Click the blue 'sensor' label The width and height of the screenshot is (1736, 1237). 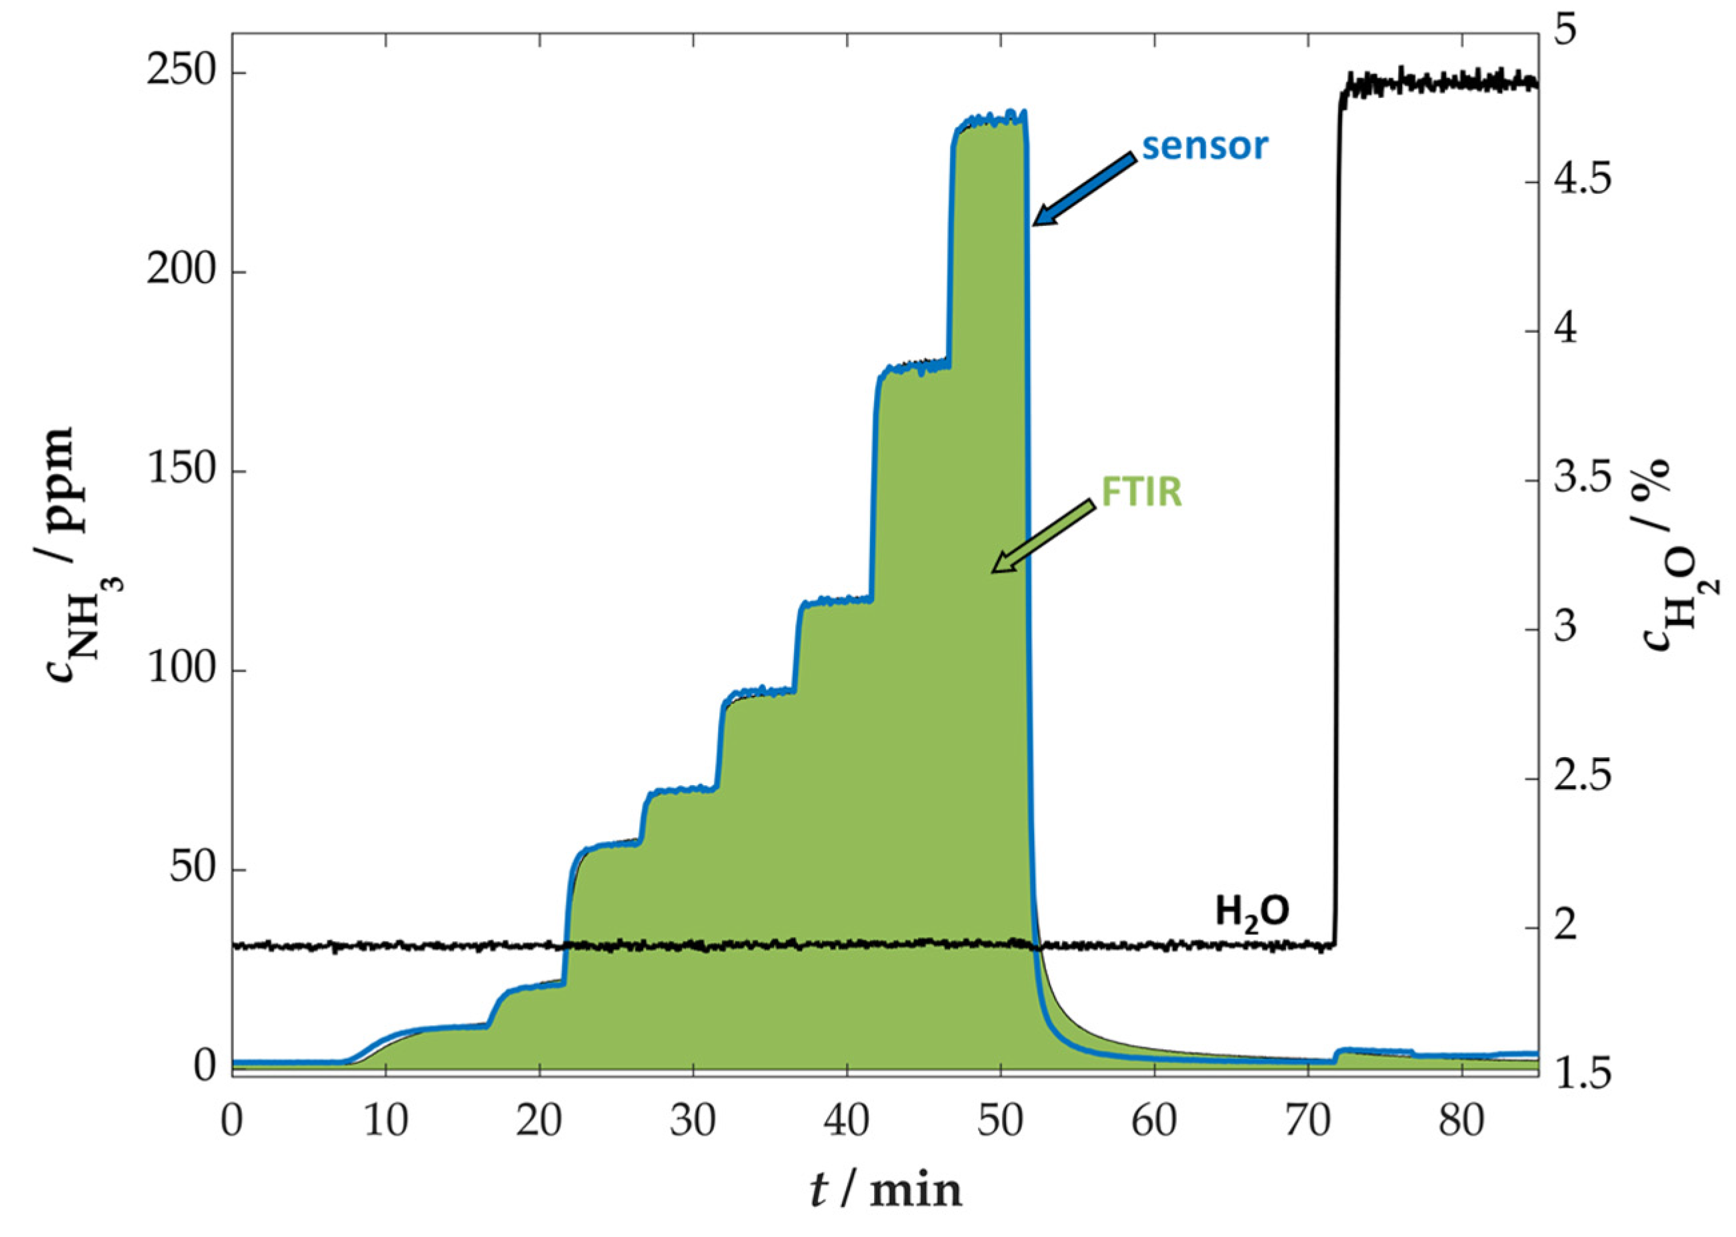(1204, 145)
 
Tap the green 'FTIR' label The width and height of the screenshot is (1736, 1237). (1141, 492)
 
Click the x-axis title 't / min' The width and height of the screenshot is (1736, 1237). (885, 1190)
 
